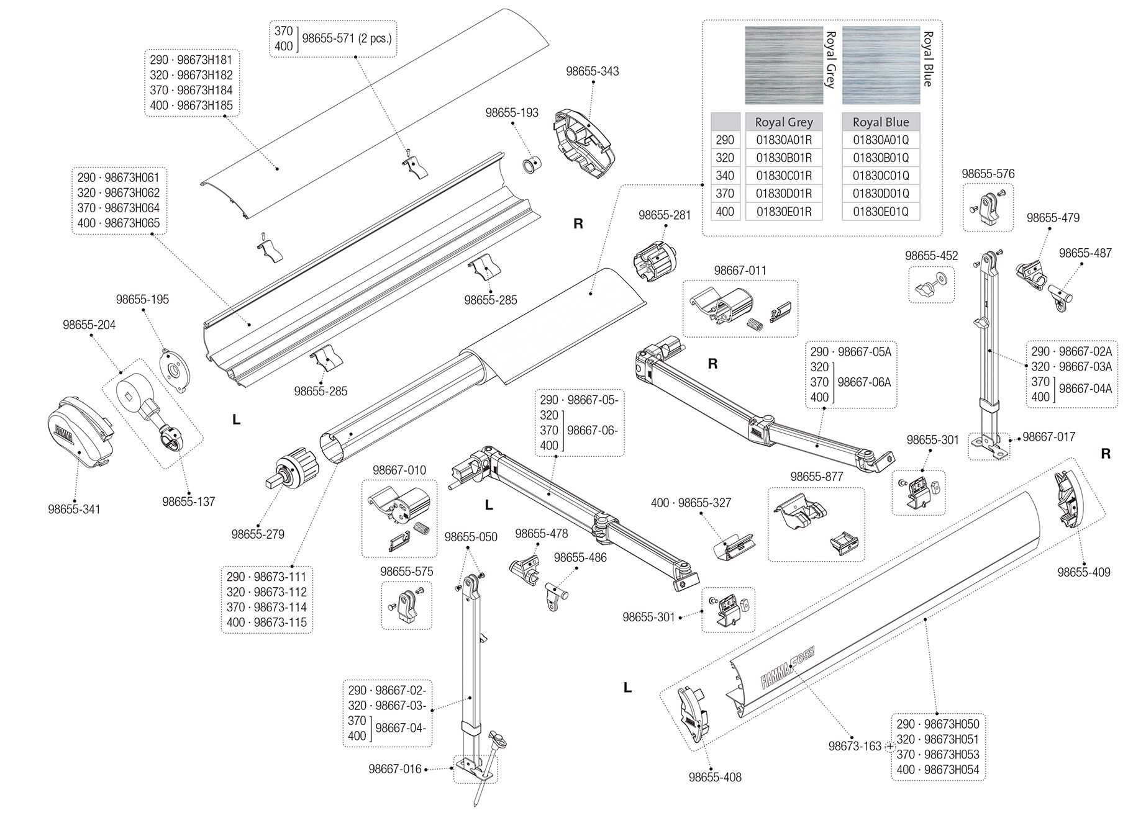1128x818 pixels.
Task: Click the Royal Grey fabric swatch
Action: (x=783, y=65)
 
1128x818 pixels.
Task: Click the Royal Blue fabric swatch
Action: (x=880, y=65)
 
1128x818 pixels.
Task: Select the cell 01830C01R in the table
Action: (x=783, y=176)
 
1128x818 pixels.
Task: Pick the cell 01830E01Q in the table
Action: (x=880, y=212)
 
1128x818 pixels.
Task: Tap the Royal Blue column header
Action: (x=880, y=122)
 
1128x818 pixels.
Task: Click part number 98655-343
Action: (x=592, y=71)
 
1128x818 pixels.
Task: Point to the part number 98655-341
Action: (x=74, y=510)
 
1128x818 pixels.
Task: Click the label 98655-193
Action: (x=512, y=112)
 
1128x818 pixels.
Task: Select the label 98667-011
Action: (x=740, y=271)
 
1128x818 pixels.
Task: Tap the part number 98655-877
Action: (x=816, y=477)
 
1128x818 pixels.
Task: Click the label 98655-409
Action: (x=1084, y=572)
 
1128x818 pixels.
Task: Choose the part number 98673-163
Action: (x=855, y=746)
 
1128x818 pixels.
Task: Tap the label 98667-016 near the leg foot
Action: (x=395, y=769)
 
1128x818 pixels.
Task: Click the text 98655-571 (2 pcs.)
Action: (x=347, y=38)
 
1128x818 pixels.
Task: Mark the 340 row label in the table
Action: (x=725, y=176)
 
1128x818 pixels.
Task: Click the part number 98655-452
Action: (x=931, y=256)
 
